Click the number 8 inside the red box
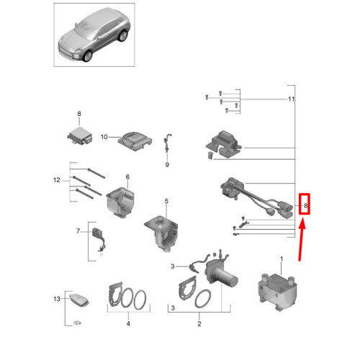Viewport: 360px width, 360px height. pyautogui.click(x=305, y=207)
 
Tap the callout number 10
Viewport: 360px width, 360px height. pyautogui.click(x=104, y=137)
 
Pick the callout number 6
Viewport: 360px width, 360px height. pyautogui.click(x=127, y=177)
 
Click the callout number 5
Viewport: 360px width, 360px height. pyautogui.click(x=166, y=202)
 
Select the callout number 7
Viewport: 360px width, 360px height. pyautogui.click(x=79, y=232)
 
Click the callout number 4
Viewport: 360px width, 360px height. pyautogui.click(x=128, y=324)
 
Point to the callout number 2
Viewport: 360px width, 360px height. pyautogui.click(x=199, y=324)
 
